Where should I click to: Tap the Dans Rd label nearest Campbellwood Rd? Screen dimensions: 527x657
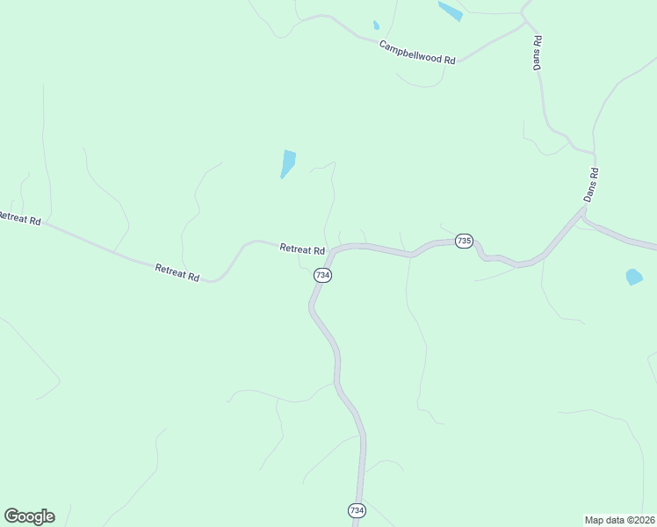[x=538, y=53]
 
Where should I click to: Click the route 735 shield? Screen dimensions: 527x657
[x=464, y=241]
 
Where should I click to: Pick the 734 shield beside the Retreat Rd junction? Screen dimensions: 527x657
[x=322, y=275]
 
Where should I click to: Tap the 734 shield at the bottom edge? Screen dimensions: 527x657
[x=356, y=510]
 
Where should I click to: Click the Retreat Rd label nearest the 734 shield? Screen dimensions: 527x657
[x=302, y=249]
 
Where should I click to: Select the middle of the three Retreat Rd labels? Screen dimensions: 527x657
[x=177, y=272]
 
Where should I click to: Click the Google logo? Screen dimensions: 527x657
[x=29, y=516]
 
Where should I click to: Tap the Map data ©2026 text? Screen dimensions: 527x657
[x=619, y=519]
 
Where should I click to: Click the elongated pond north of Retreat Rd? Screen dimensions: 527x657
[x=287, y=163]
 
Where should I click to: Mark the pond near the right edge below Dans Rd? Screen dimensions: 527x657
[x=633, y=277]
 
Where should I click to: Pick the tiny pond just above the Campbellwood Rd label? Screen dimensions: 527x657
[x=376, y=25]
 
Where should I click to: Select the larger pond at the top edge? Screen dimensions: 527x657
[x=450, y=11]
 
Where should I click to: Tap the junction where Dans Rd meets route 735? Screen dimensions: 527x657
[x=583, y=211]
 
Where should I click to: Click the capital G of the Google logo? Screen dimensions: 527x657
[x=11, y=516]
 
